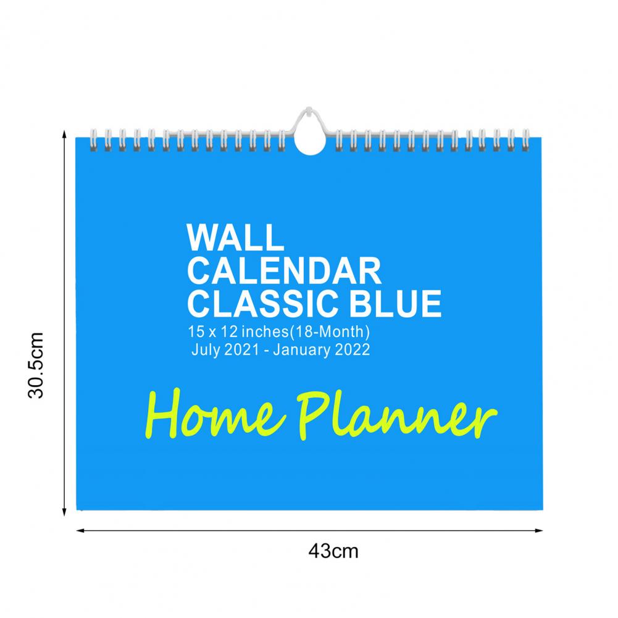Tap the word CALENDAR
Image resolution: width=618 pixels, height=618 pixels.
[284, 271]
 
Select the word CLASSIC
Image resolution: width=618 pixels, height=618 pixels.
[262, 304]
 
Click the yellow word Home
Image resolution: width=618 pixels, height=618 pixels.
[215, 414]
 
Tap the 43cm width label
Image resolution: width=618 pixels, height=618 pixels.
[333, 551]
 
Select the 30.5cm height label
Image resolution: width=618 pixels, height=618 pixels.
[36, 365]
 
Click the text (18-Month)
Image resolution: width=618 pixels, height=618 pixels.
[330, 332]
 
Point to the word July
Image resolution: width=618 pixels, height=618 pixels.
[206, 350]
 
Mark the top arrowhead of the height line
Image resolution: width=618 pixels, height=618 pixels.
[64, 134]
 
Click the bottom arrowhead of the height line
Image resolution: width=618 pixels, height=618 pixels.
[64, 512]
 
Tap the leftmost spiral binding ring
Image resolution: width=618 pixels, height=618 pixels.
[93, 140]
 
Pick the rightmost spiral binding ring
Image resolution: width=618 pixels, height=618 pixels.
[525, 140]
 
